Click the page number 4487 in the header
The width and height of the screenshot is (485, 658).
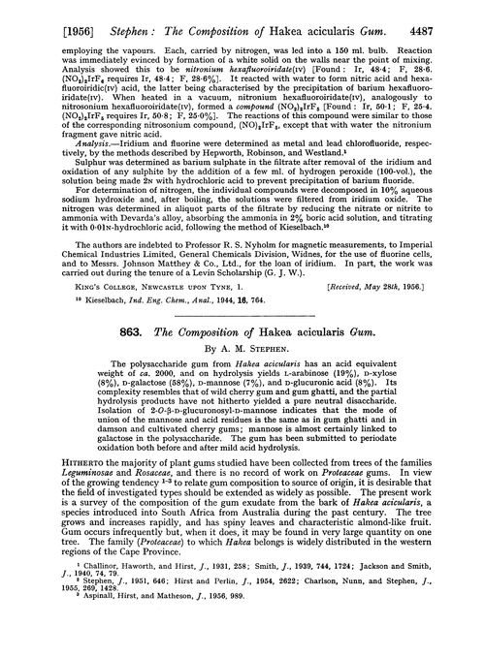(458, 13)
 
